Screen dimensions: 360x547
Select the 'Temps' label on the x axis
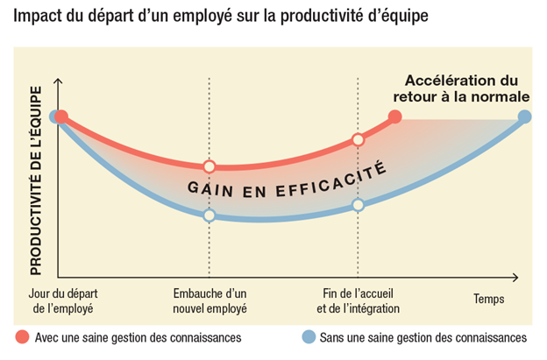pyautogui.click(x=489, y=300)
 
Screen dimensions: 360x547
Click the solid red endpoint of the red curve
pyautogui.click(x=394, y=116)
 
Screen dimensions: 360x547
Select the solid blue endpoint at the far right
pyautogui.click(x=524, y=116)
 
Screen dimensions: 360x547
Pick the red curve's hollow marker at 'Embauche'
pyautogui.click(x=210, y=166)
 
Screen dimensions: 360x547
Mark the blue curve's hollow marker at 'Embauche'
pyautogui.click(x=210, y=215)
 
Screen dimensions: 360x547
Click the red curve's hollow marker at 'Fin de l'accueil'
pyautogui.click(x=358, y=139)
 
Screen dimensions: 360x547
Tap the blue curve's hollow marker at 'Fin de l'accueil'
pyautogui.click(x=358, y=205)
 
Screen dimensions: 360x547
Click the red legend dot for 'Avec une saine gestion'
pyautogui.click(x=22, y=337)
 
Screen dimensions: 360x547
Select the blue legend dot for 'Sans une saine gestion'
pyautogui.click(x=307, y=337)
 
